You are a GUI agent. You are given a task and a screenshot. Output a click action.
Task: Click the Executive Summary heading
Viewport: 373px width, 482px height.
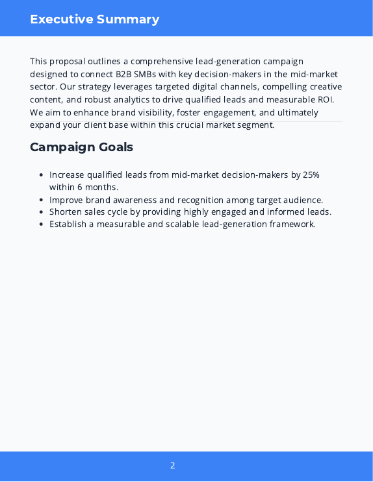click(94, 19)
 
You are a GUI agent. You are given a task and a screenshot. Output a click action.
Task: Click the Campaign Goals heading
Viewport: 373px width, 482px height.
click(81, 147)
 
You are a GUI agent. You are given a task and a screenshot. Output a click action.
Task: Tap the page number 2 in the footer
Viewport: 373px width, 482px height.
click(173, 465)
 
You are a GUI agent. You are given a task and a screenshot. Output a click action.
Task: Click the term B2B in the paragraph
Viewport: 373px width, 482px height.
click(123, 74)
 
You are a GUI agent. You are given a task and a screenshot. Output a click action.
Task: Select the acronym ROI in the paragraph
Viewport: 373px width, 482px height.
click(325, 100)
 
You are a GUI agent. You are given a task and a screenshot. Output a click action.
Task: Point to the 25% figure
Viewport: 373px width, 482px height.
click(310, 175)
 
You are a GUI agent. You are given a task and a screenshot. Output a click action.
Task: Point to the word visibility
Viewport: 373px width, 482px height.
click(155, 112)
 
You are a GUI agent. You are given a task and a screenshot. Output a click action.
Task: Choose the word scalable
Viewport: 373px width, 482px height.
click(185, 224)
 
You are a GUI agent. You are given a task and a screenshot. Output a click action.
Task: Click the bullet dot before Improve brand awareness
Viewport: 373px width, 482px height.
click(42, 200)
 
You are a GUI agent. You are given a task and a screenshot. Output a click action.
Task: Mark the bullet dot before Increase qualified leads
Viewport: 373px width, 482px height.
click(42, 175)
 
